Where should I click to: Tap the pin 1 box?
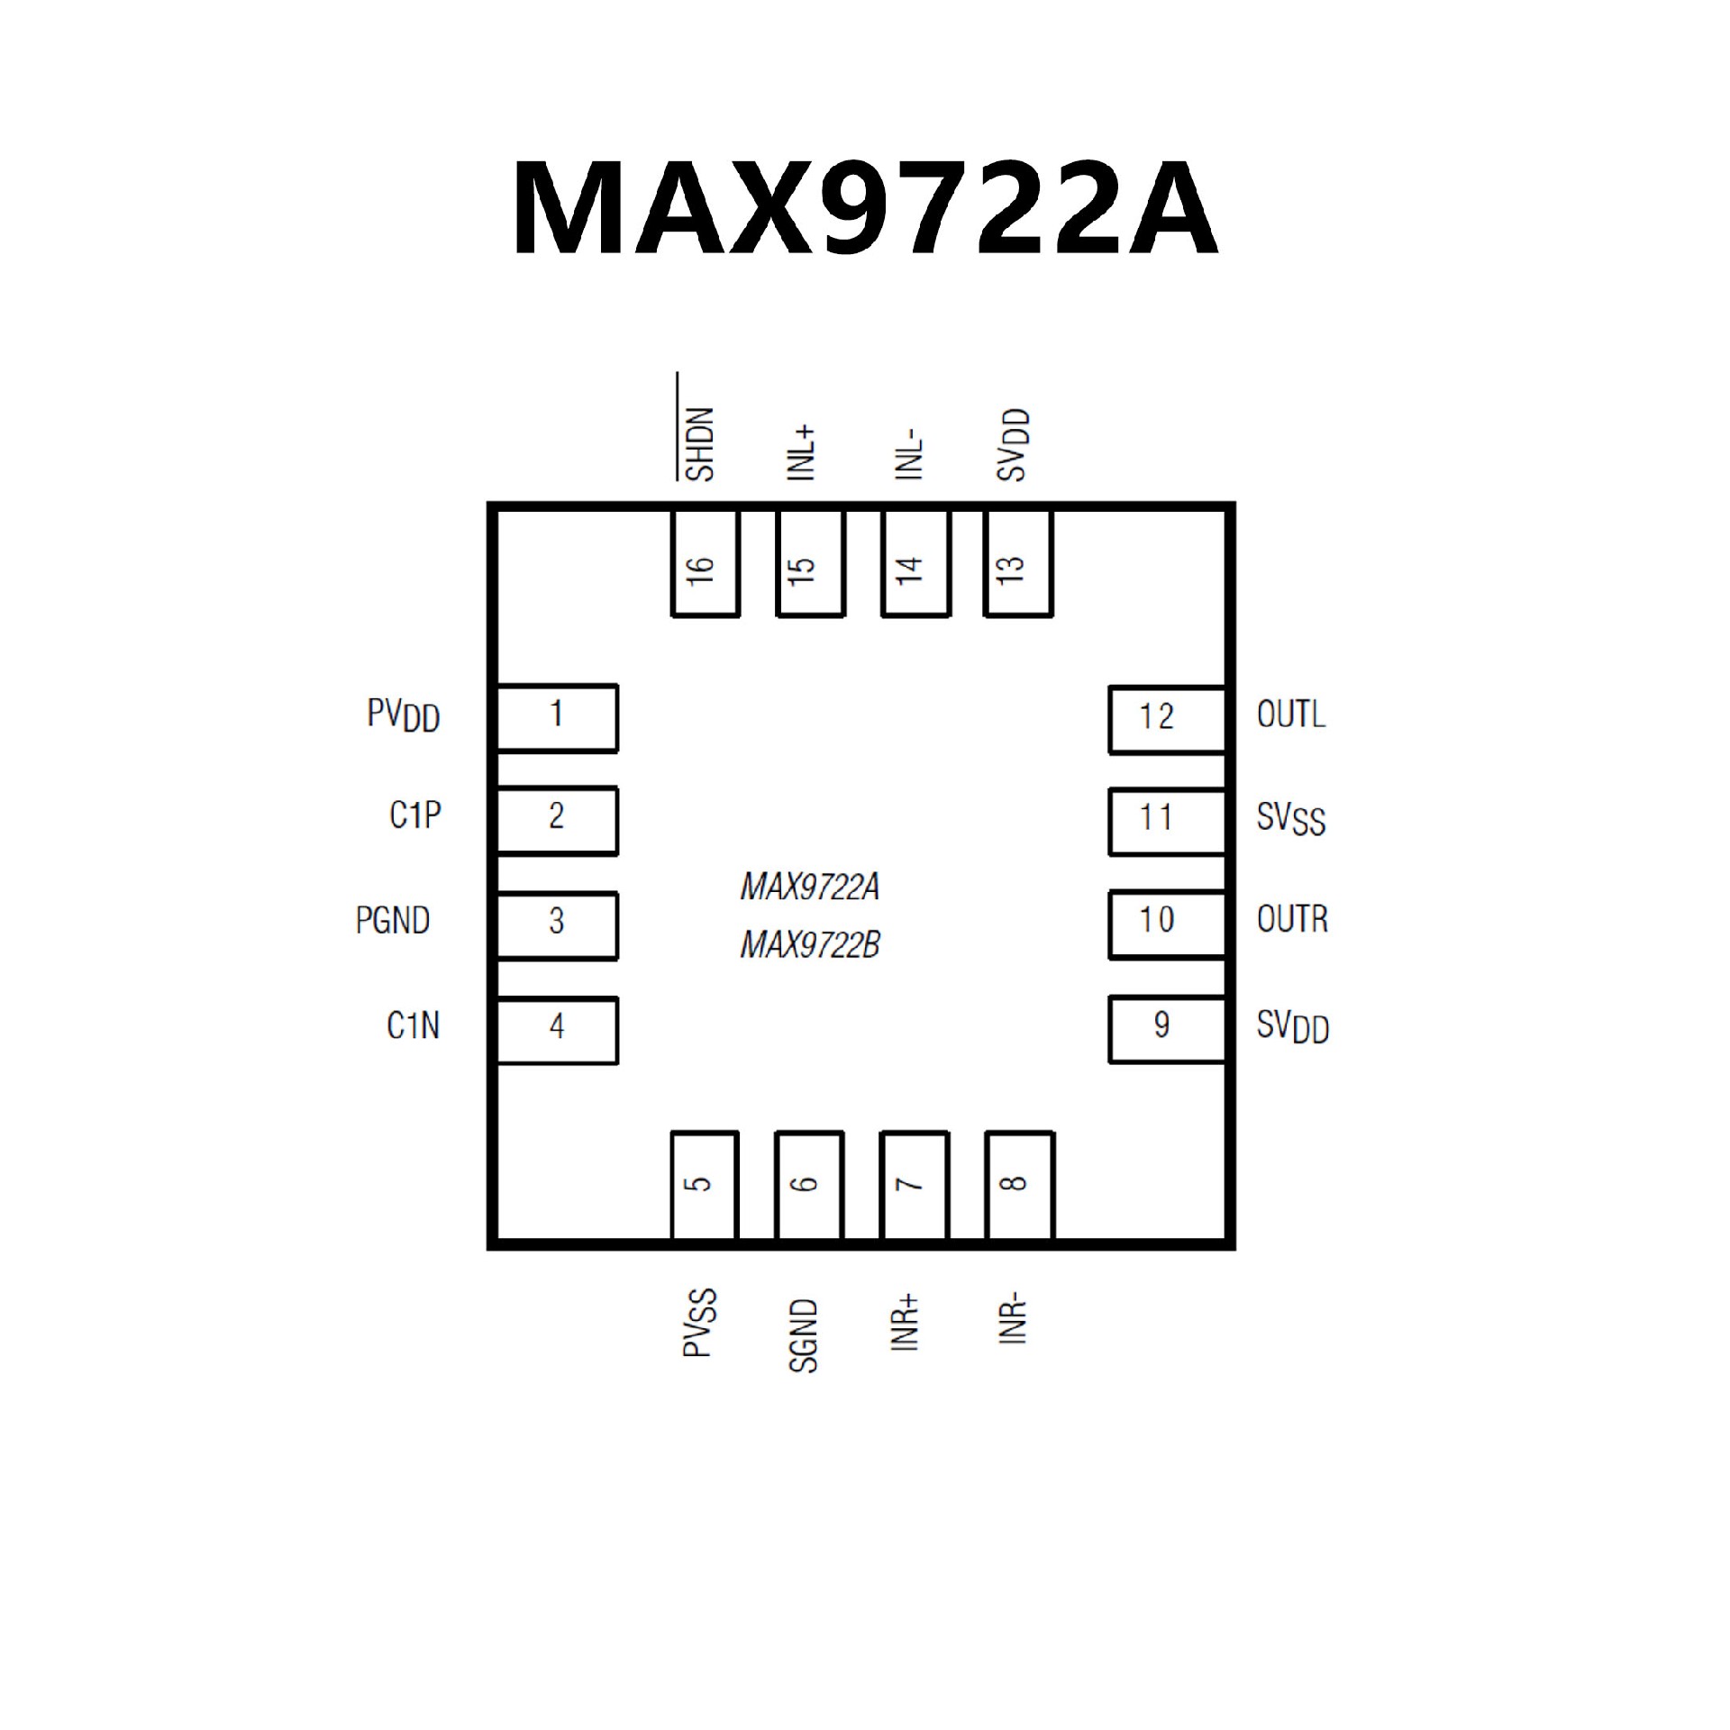557,718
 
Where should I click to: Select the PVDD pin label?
403,716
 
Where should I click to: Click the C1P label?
414,815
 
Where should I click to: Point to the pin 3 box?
557,925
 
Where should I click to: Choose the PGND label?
393,921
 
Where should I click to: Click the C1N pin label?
413,1025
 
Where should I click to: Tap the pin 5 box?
704,1184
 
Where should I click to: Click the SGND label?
803,1335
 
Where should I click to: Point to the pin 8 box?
1018,1184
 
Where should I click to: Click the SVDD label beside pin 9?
1292,1026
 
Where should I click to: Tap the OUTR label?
1292,919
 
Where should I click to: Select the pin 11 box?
1166,821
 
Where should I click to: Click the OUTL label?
1290,715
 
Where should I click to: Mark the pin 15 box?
809,565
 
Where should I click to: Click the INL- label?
910,455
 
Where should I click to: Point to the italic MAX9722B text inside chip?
809,945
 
